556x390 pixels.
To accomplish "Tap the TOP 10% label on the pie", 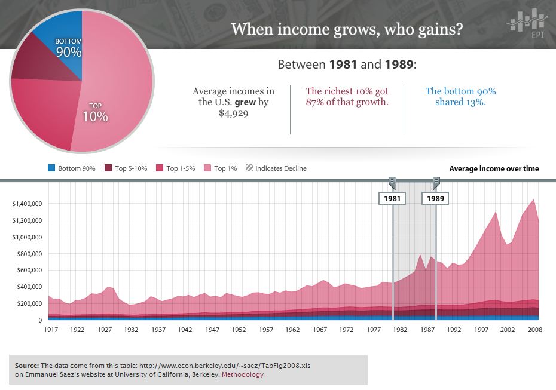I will tap(95, 113).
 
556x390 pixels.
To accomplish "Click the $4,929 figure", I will tap(234, 113).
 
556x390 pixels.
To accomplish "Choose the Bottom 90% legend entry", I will tap(71, 168).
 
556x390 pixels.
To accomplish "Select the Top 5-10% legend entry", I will tap(127, 168).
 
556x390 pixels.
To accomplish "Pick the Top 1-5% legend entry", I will tap(177, 168).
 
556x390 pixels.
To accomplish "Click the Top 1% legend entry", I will tap(221, 168).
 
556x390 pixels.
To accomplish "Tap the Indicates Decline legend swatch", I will tap(249, 168).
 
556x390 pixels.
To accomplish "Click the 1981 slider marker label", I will tap(392, 198).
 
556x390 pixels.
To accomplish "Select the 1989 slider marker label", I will tap(436, 198).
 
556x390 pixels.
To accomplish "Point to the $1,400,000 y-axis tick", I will tap(26, 204).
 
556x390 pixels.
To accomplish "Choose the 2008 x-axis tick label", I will tap(534, 330).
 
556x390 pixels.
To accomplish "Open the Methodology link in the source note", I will tap(243, 375).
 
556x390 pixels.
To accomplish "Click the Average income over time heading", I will tap(494, 169).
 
